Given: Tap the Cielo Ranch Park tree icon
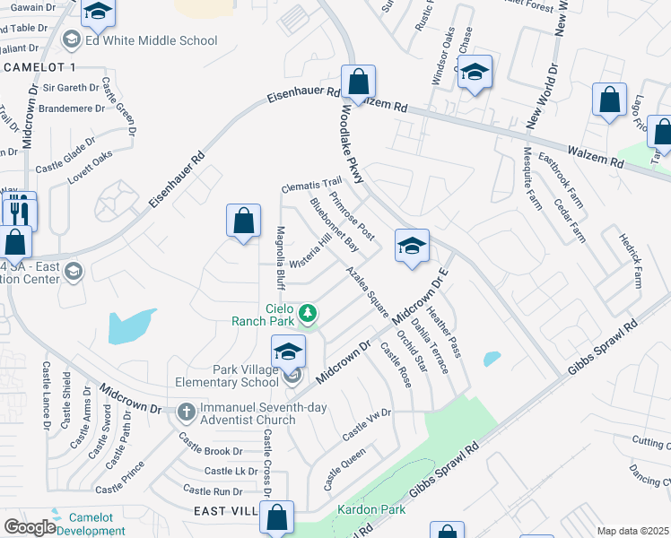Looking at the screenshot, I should point(308,313).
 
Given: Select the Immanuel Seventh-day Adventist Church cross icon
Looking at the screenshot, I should point(186,413).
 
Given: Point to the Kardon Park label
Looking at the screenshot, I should point(371,510).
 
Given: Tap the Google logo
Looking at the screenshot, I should point(30,527).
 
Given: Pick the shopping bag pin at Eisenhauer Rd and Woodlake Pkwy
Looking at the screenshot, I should point(358,82).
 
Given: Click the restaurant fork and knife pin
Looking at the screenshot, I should point(19,212).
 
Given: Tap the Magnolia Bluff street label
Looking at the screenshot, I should point(280,258).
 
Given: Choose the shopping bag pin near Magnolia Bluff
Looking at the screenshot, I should point(243,221).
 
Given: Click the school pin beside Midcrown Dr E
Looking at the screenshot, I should point(412,246).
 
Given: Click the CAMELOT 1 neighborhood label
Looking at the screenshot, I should point(40,67).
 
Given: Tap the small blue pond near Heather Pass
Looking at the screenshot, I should point(492,359).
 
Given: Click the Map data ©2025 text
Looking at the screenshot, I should point(632,531).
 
